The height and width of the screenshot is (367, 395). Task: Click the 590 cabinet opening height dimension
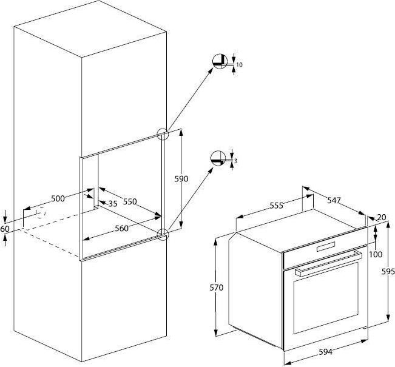[181, 179]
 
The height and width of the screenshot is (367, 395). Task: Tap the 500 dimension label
[58, 198]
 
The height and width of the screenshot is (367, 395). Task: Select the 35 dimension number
[113, 204]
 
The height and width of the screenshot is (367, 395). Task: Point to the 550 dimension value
[130, 201]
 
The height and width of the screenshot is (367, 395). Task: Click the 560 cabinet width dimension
[122, 229]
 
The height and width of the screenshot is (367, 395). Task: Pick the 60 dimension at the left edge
[5, 229]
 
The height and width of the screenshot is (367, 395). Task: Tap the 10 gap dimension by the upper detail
[240, 65]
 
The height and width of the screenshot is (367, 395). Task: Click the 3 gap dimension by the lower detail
[235, 161]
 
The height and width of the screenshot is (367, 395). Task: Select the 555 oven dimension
[277, 206]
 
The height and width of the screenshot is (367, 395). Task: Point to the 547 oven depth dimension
[334, 200]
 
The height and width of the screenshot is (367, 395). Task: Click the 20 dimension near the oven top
[382, 217]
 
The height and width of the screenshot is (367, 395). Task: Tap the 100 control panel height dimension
[376, 254]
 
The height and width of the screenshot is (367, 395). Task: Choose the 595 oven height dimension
[388, 272]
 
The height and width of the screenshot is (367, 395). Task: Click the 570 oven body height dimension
[217, 288]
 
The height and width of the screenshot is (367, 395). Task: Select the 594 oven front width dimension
[325, 352]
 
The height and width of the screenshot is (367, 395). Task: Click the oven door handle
[328, 263]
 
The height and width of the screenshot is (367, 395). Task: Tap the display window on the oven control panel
[326, 246]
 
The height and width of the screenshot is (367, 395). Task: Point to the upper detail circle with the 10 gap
[220, 61]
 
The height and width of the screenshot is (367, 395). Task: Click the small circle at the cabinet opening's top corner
[163, 134]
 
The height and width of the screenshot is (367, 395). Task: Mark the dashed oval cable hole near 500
[41, 212]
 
